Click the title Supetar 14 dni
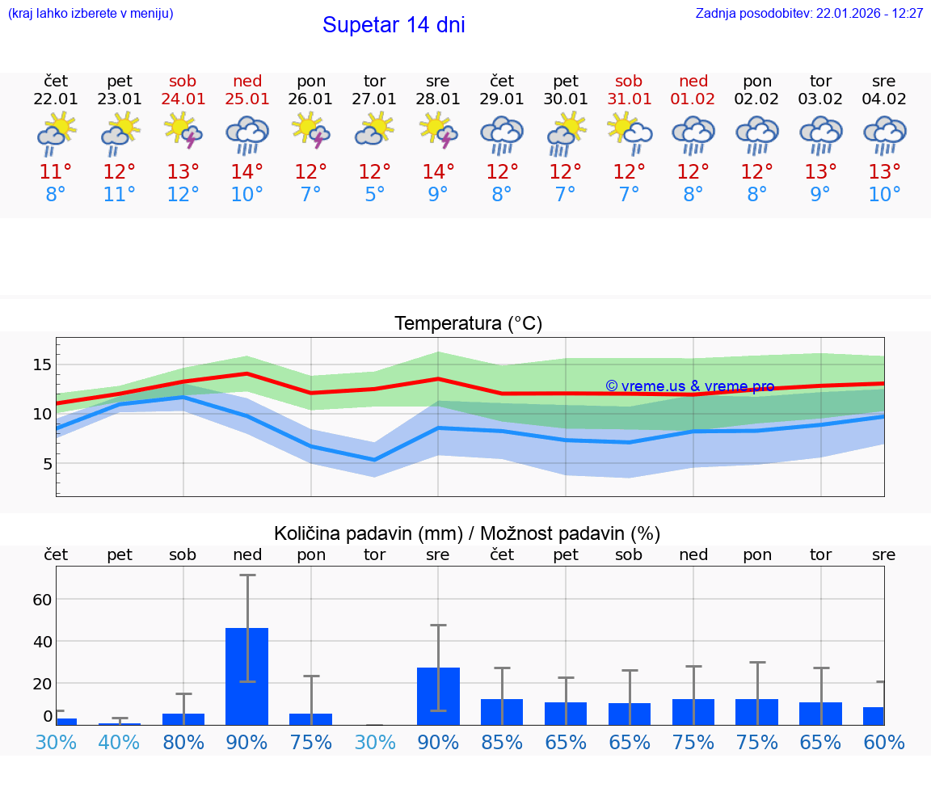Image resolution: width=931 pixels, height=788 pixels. pos(394,25)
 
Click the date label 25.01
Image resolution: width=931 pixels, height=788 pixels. pos(247,99)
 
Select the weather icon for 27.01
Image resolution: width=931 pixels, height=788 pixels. pos(374,130)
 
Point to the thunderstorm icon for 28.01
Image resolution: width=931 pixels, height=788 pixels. pos(438,130)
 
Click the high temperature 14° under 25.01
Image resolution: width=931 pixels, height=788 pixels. pos(247,171)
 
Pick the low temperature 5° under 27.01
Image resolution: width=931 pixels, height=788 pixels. pos(374,195)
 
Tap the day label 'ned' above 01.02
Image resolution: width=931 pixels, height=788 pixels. pos(693,81)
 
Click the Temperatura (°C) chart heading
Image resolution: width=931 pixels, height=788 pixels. pos(468,324)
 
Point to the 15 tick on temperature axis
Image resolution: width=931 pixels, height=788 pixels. pos(42,365)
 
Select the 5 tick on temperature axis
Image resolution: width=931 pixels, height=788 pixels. pos(47,464)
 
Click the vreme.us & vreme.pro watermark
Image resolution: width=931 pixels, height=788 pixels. pos(689,386)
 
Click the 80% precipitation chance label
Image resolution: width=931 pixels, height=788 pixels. pos(183,742)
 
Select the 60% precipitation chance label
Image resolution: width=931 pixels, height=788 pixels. pos(883,742)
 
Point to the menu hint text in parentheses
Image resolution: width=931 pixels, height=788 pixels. pos(90,14)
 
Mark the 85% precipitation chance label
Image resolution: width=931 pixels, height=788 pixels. pos(502,742)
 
